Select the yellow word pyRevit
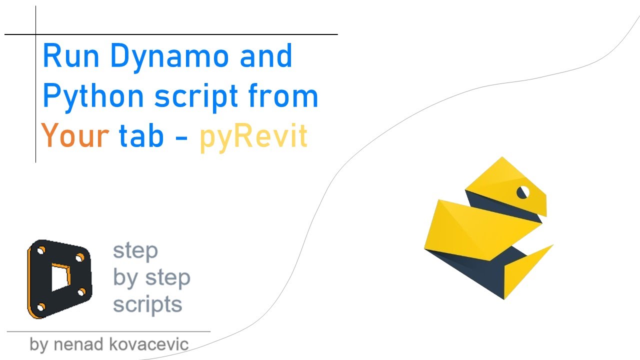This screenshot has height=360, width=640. click(253, 136)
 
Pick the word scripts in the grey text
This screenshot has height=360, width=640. click(147, 304)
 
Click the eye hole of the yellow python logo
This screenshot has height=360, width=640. click(522, 192)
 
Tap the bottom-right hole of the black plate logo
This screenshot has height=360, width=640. click(82, 292)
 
